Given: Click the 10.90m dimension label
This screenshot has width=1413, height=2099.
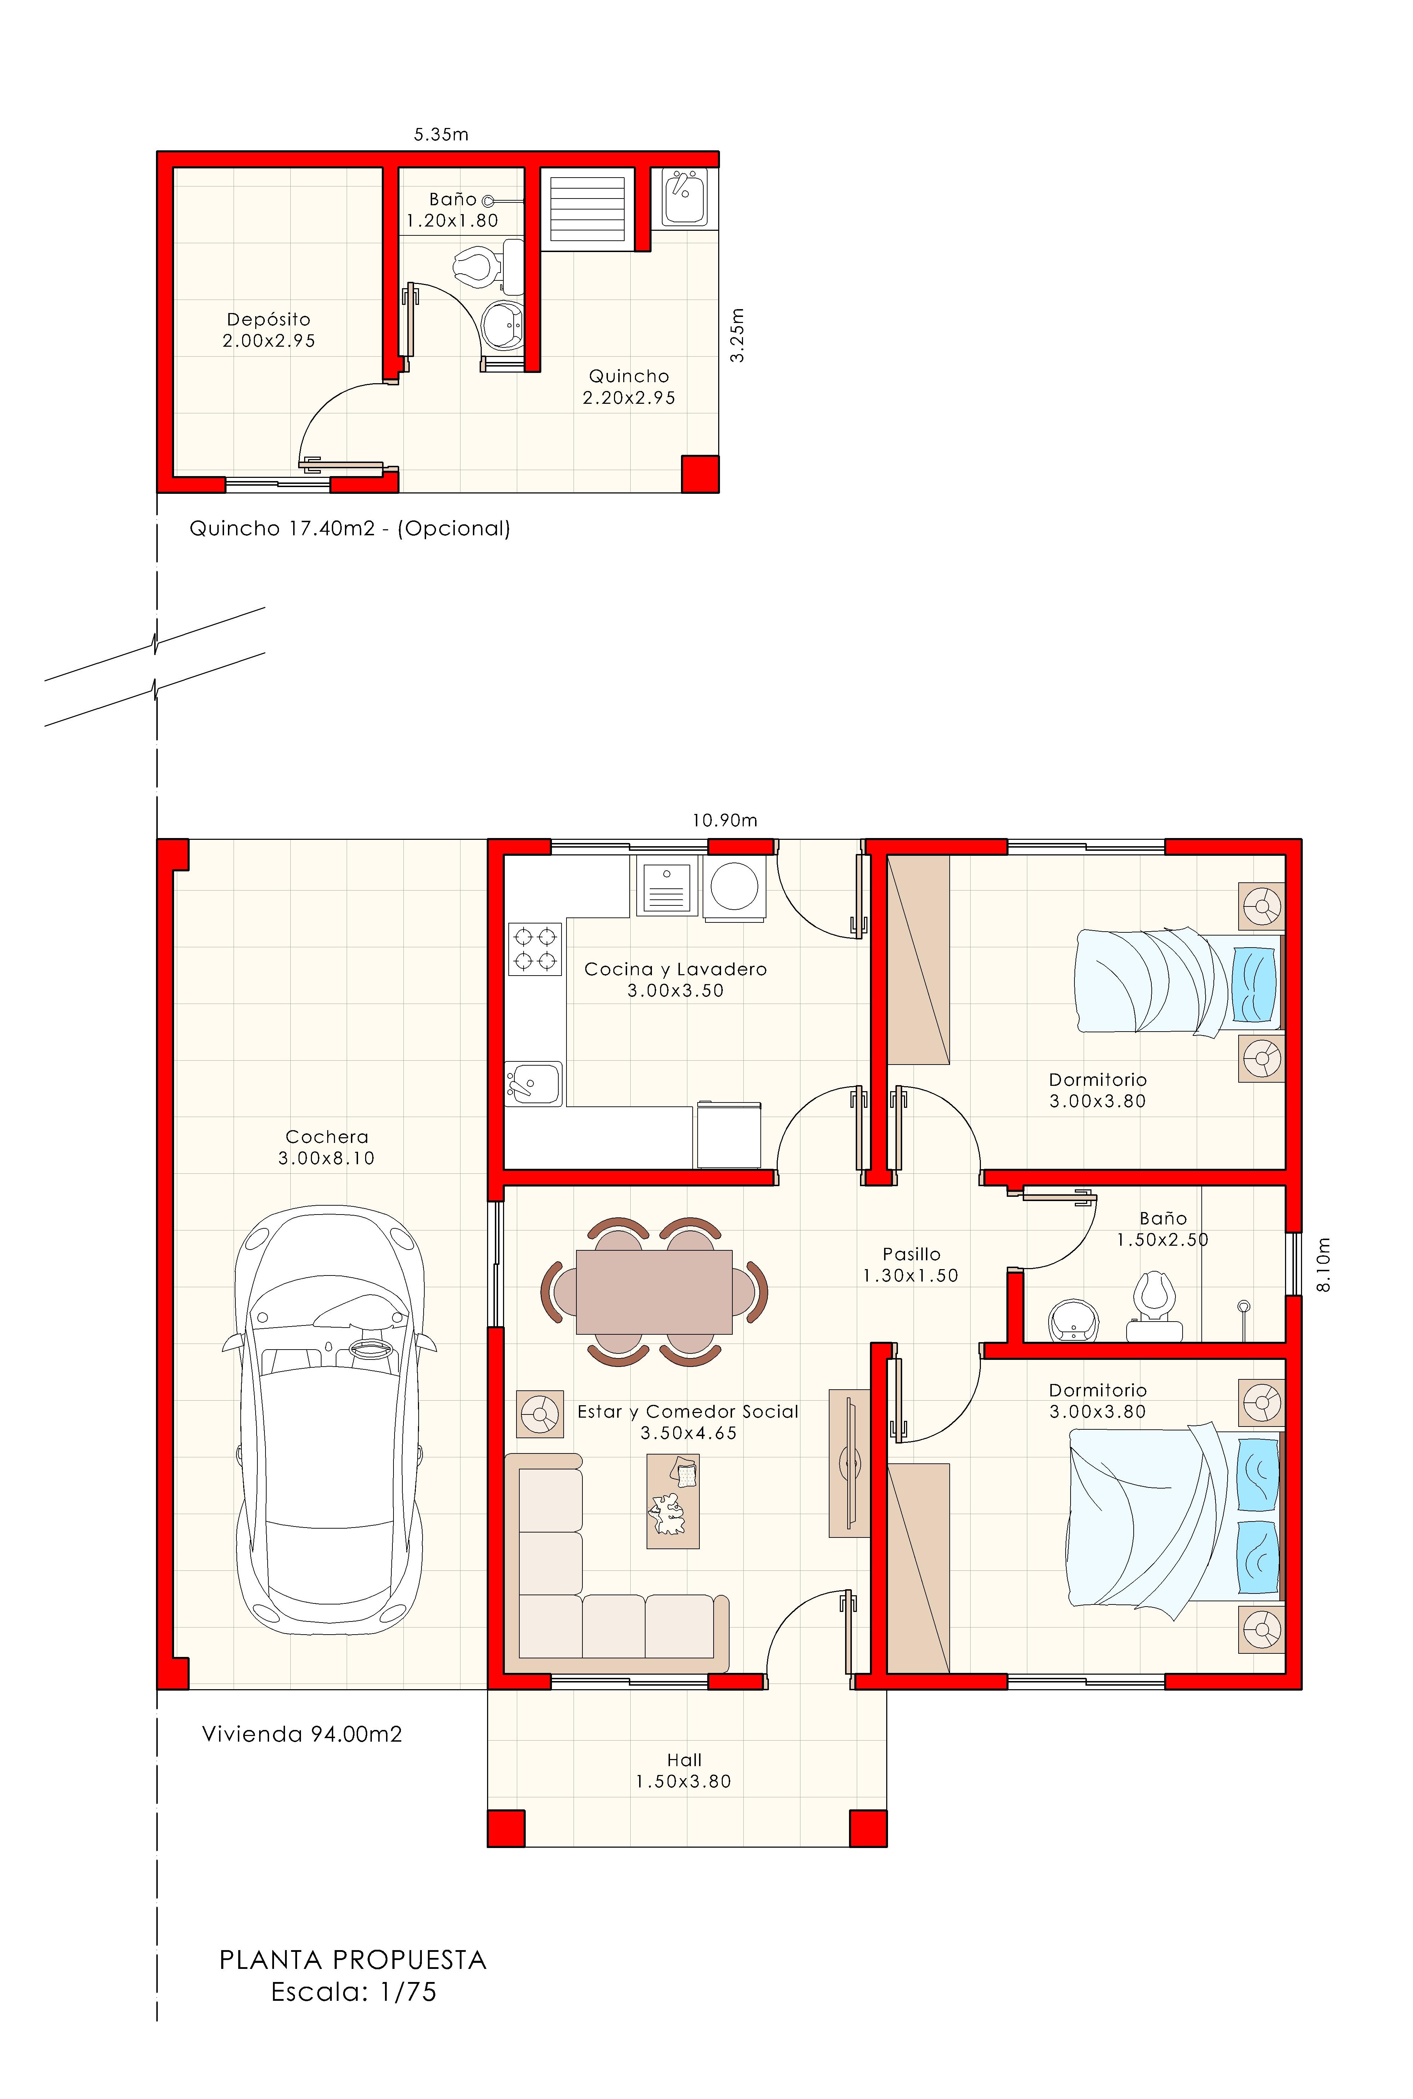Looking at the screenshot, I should pyautogui.click(x=725, y=820).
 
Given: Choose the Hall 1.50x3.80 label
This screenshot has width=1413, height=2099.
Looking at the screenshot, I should pyautogui.click(x=684, y=1770).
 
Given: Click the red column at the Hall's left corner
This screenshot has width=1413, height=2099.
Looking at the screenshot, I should pyautogui.click(x=506, y=1828).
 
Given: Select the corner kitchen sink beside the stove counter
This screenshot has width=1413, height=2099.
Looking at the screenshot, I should pyautogui.click(x=534, y=1082).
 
